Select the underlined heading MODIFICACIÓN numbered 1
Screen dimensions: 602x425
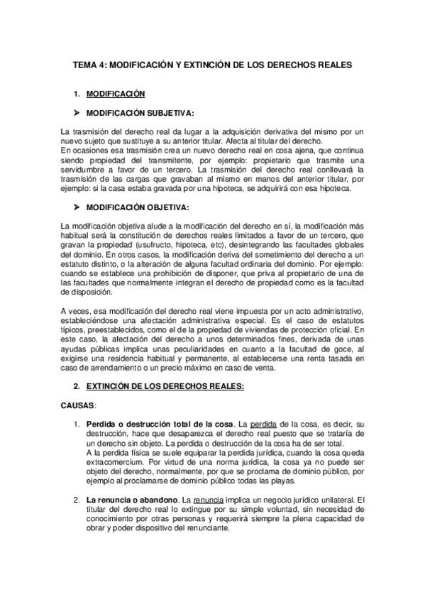(115, 94)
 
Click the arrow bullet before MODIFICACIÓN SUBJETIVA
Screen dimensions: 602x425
(76, 112)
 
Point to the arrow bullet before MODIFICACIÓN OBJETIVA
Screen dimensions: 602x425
(76, 207)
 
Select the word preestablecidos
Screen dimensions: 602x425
(114, 332)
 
